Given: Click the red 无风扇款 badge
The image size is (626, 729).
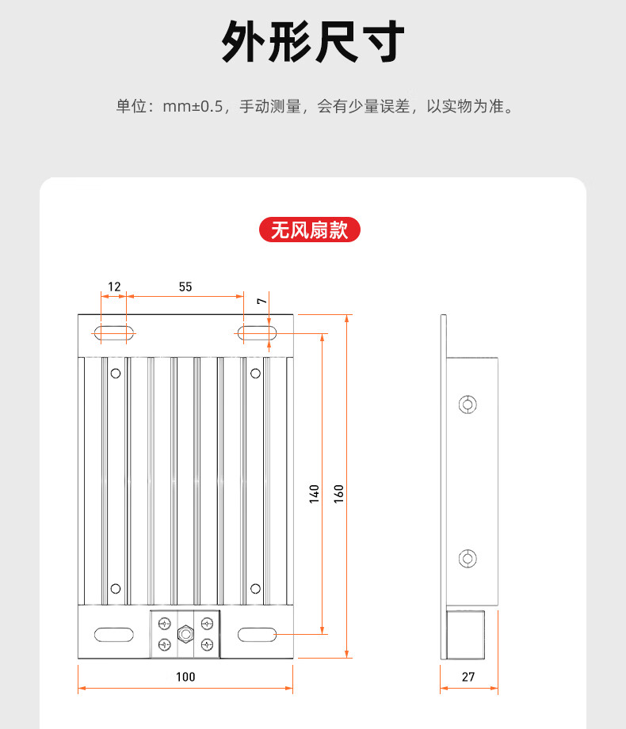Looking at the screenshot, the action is point(310,230).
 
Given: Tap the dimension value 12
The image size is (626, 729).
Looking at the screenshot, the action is point(115,287).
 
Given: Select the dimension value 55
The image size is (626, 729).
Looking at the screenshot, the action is point(185,287).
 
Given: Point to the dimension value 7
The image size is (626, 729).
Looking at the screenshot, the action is point(260,302).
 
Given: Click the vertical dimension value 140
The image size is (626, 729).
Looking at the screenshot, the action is point(314,494).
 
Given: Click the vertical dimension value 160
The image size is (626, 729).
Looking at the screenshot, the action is point(338,494).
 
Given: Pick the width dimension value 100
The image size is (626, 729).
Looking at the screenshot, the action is point(185,676).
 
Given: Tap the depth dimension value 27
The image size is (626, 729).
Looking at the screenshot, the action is point(468,676).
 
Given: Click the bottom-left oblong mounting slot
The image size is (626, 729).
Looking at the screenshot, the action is point(113,633).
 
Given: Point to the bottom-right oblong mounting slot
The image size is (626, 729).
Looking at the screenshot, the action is point(256,633).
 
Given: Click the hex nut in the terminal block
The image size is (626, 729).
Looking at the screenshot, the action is point(185,633).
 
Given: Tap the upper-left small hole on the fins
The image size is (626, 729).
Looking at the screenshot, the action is point(116,373).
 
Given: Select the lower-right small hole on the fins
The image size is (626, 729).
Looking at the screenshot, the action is point(255,588).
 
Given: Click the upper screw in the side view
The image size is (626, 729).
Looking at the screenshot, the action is point(468,404).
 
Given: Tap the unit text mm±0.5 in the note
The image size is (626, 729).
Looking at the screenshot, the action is point(193,106).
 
